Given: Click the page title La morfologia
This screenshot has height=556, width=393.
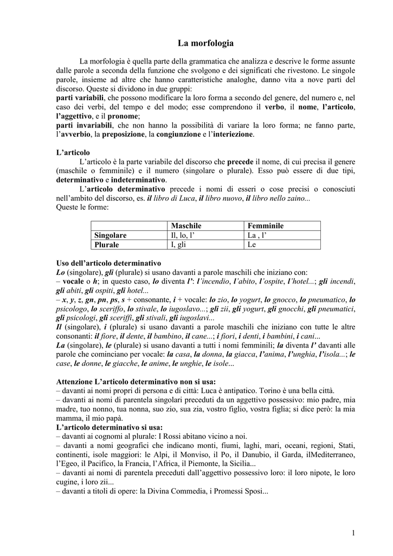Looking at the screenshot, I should coord(205,43).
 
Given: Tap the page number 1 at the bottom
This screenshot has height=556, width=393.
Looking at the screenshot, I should coord(353,533).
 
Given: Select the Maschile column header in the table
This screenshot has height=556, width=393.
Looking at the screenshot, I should coord(186,226).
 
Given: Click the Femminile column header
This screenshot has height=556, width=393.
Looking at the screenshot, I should coord(266,226).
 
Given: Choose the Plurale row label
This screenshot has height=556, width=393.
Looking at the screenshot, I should coord(107,245).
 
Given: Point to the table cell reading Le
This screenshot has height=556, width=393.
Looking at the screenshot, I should coord(252,245).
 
